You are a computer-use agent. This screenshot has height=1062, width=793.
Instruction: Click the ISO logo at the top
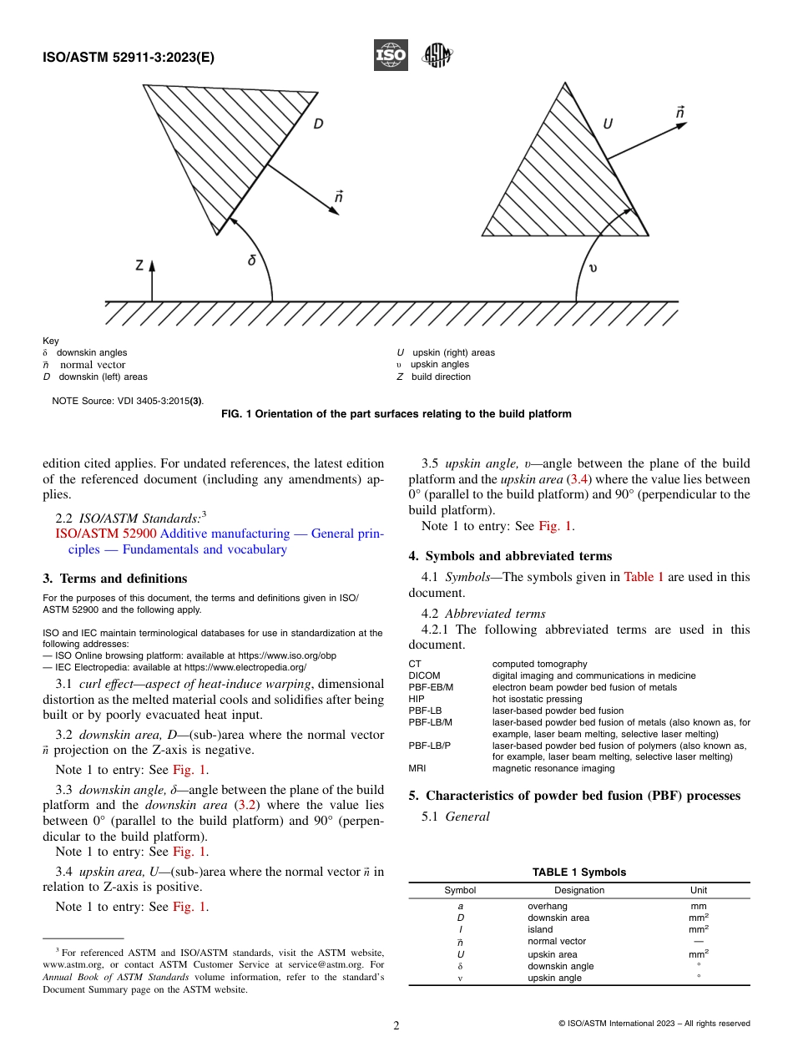[391, 56]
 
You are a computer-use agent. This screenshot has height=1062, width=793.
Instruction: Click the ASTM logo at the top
[437, 55]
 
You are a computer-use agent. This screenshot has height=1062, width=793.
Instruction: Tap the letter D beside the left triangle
[319, 124]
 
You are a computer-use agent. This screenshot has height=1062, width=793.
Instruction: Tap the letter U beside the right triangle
[608, 124]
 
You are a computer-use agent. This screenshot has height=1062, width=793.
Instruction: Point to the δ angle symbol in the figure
[251, 260]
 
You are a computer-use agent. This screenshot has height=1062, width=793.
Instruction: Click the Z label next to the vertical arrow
[139, 265]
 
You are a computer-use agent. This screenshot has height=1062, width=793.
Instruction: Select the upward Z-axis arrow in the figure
[152, 280]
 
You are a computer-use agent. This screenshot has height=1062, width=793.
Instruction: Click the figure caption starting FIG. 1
[396, 414]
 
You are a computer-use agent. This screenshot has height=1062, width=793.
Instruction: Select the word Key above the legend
[51, 341]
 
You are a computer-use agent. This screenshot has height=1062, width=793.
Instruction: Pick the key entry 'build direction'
[441, 377]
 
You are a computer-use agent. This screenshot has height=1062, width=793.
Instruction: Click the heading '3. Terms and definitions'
[114, 579]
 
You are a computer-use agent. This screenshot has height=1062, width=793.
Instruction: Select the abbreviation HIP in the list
[417, 699]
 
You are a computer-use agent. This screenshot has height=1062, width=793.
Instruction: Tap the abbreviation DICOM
[424, 675]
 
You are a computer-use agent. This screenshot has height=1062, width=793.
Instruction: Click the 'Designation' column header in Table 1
[578, 890]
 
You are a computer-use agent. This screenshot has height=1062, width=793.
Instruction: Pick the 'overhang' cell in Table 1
[547, 906]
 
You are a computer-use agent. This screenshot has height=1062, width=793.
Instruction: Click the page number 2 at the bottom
[396, 1026]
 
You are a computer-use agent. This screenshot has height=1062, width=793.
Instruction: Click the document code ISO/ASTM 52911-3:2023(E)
[128, 58]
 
